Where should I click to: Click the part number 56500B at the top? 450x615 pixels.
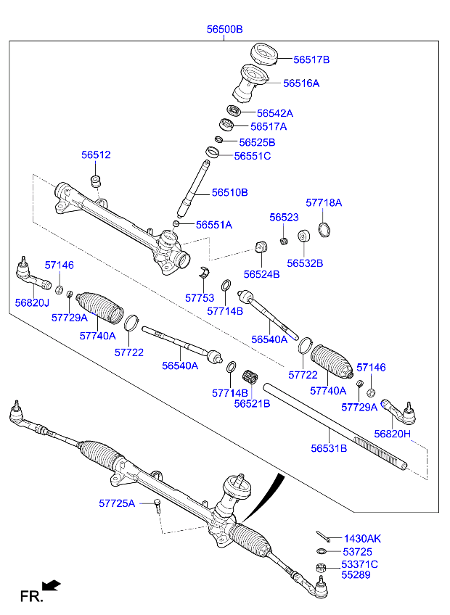click(x=224, y=29)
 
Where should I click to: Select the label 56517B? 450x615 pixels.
click(x=311, y=59)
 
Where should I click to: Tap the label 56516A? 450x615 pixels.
click(x=301, y=83)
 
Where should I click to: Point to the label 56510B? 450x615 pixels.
click(x=230, y=192)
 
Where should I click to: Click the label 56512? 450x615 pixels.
click(x=96, y=155)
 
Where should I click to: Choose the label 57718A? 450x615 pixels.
click(x=324, y=203)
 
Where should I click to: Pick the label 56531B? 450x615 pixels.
click(x=329, y=448)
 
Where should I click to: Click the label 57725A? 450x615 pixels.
click(x=117, y=503)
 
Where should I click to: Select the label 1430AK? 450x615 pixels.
click(x=362, y=539)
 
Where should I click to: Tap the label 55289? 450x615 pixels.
click(x=356, y=575)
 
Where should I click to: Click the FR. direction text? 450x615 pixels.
click(x=31, y=597)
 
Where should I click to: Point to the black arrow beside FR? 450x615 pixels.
click(x=52, y=585)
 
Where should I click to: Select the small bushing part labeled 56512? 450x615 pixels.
click(x=95, y=180)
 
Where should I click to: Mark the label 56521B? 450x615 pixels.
click(x=252, y=403)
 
